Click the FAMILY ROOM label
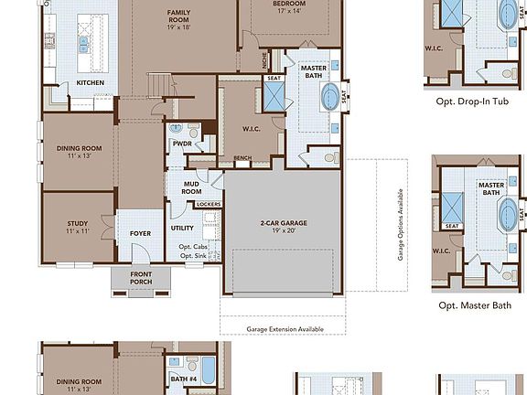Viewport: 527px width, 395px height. [x=177, y=12]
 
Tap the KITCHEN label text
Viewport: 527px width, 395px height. [x=90, y=83]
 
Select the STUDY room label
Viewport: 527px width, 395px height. [x=77, y=223]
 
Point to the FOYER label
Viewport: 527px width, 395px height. [x=140, y=233]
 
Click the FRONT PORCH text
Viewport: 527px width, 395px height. [x=140, y=278]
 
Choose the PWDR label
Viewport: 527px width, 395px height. [x=181, y=143]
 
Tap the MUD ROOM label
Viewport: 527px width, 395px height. [x=190, y=187]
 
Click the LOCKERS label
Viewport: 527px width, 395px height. [x=208, y=204]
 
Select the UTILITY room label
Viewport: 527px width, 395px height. [x=181, y=228]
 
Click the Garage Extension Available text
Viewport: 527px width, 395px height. [x=284, y=328]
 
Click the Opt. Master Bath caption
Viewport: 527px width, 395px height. [x=475, y=305]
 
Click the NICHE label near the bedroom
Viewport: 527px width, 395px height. [x=263, y=63]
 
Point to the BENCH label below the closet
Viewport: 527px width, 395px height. [x=242, y=158]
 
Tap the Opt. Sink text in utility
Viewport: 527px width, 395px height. [x=193, y=255]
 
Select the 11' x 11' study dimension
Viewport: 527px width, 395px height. [x=77, y=232]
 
